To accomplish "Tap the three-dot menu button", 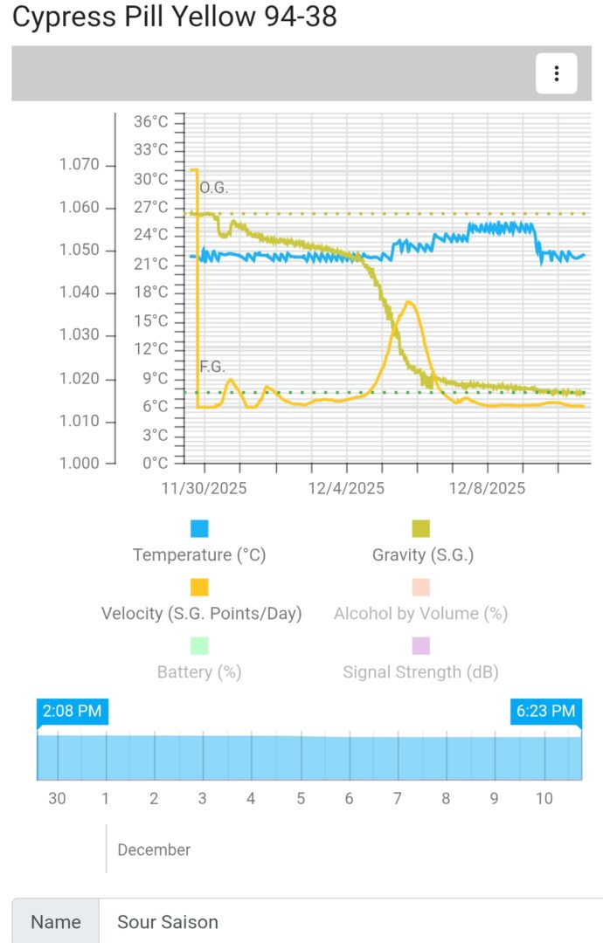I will (x=556, y=73).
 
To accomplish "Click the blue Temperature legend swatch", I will (x=199, y=528).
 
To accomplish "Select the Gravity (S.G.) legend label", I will (x=422, y=554).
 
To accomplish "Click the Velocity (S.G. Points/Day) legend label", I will (x=201, y=613).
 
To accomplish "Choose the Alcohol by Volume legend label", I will (x=420, y=613).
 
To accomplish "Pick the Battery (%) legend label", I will (x=199, y=671).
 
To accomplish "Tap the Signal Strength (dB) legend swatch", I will (x=421, y=645).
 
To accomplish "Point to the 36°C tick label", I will (x=150, y=121).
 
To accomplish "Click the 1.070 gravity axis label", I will (x=79, y=165).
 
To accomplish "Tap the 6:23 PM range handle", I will (x=545, y=712).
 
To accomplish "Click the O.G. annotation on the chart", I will (x=213, y=188).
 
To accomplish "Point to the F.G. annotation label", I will (x=212, y=367).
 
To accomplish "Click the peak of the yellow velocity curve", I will (x=408, y=302).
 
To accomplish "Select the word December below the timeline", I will (x=154, y=850).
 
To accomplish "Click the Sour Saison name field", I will (x=350, y=922).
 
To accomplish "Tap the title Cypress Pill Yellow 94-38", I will (x=174, y=17).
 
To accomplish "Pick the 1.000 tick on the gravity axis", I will (x=79, y=463).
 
